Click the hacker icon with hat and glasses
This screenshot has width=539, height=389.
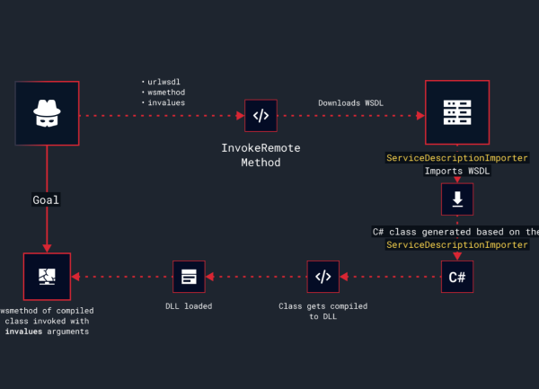tap(47, 113)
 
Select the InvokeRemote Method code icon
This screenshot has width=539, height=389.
tap(261, 116)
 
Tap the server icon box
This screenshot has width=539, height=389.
tap(456, 113)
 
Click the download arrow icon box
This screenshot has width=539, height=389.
tap(456, 199)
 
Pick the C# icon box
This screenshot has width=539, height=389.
tap(456, 277)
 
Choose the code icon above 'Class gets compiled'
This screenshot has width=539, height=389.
tap(323, 277)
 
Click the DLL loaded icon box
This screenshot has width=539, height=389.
tap(189, 277)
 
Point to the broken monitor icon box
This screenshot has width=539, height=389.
tap(47, 277)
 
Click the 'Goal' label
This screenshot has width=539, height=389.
tap(46, 199)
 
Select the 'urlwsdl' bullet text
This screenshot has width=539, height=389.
tap(167, 82)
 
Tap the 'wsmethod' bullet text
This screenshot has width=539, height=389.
tap(167, 93)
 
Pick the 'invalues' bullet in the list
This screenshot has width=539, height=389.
tap(167, 103)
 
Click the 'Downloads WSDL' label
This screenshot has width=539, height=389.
tap(350, 102)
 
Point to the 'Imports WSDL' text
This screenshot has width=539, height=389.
tap(456, 171)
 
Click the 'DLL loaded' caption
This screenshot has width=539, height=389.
tap(189, 306)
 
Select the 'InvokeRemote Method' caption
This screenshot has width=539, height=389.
tap(261, 155)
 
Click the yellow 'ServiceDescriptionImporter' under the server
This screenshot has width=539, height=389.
tap(456, 158)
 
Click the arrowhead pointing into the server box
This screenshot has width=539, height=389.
tap(420, 116)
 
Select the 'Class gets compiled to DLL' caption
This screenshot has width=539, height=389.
tap(323, 311)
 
